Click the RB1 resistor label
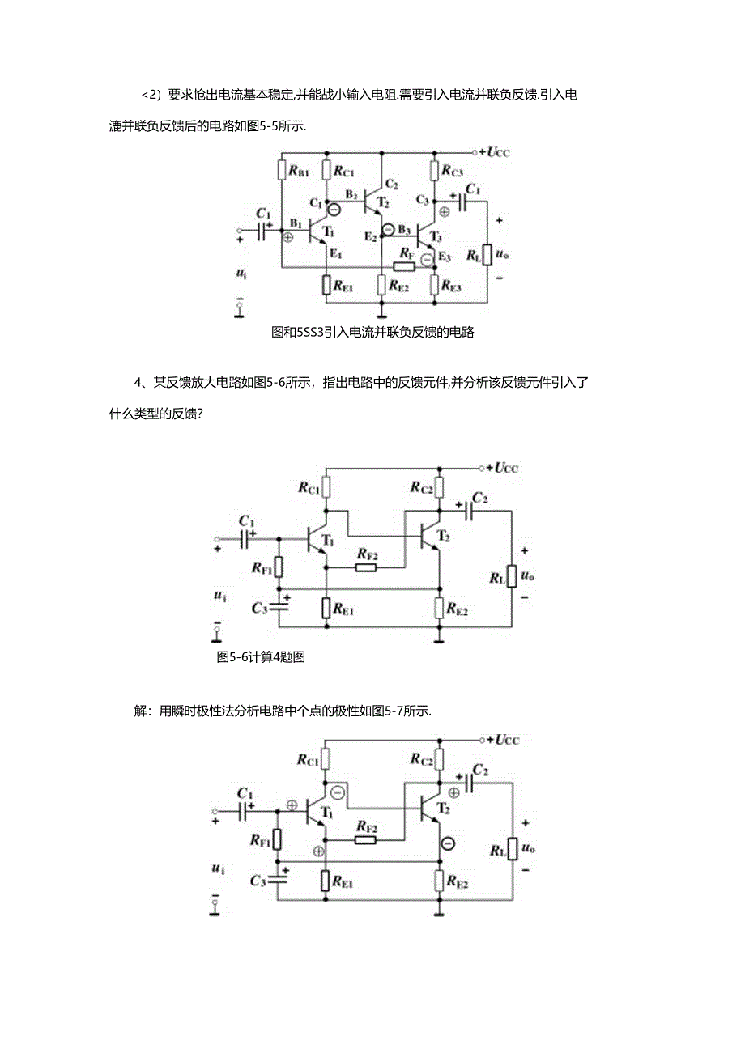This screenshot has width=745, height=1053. [296, 172]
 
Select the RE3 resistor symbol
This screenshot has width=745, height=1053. [435, 285]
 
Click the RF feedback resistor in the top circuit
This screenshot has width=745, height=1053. [403, 265]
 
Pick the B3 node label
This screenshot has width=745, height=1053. [404, 230]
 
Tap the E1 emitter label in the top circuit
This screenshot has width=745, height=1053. [335, 254]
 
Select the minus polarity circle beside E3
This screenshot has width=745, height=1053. [427, 259]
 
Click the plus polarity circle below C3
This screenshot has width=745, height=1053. [444, 212]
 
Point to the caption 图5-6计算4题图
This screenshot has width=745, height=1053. [261, 657]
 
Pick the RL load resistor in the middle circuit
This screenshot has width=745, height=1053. [511, 577]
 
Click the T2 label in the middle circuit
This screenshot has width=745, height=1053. [443, 536]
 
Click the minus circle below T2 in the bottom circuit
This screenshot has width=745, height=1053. [447, 844]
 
